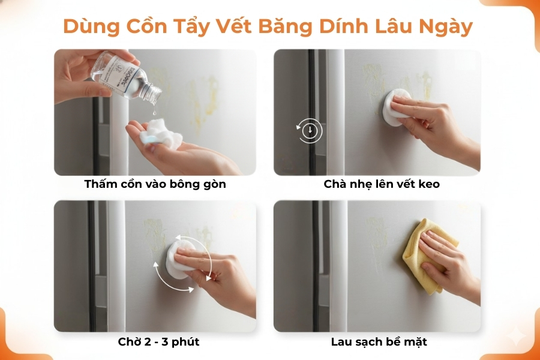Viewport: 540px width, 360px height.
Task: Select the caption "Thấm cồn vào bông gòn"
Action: [155, 184]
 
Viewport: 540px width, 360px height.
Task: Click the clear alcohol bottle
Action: [123, 73]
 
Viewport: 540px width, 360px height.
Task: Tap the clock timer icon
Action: [310, 130]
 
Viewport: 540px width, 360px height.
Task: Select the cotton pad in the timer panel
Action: [397, 107]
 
